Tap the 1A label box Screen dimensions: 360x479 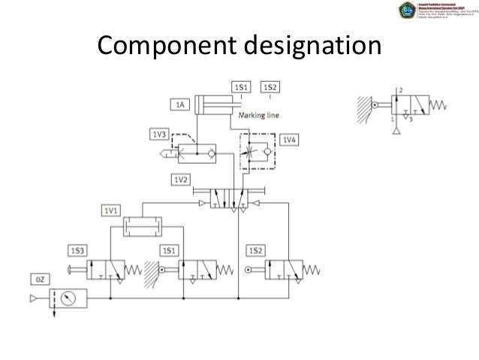point(181,106)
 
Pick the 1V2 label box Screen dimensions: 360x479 point(181,180)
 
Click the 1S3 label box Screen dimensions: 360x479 point(77,249)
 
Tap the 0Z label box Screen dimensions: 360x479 point(42,280)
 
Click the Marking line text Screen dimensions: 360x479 point(261,116)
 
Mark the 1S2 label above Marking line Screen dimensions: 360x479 point(270,88)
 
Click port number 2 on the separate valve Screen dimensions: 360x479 point(402,90)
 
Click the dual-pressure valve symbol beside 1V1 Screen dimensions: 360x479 point(143,223)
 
